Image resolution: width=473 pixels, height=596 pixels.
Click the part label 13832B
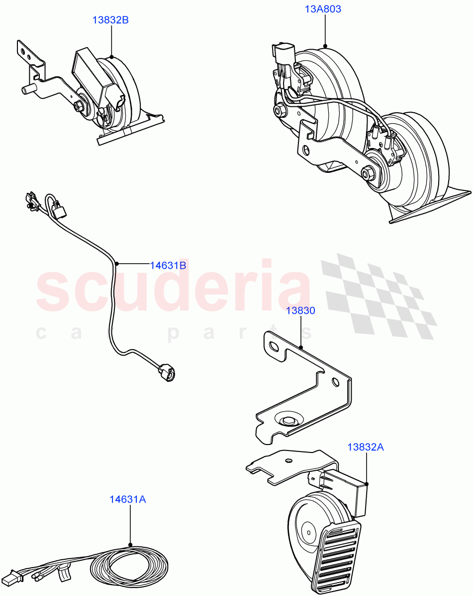coord(110,20)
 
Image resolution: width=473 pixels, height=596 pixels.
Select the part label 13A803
coord(323,9)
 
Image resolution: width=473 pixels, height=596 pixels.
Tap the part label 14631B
coord(168,265)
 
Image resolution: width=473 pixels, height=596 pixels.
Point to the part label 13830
coord(300,311)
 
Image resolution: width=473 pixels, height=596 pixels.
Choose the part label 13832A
coord(366,447)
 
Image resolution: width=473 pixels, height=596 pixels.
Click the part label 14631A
coord(128,499)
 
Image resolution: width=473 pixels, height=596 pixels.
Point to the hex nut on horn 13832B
coord(79,106)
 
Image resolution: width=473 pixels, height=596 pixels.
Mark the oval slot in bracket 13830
coord(273,346)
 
